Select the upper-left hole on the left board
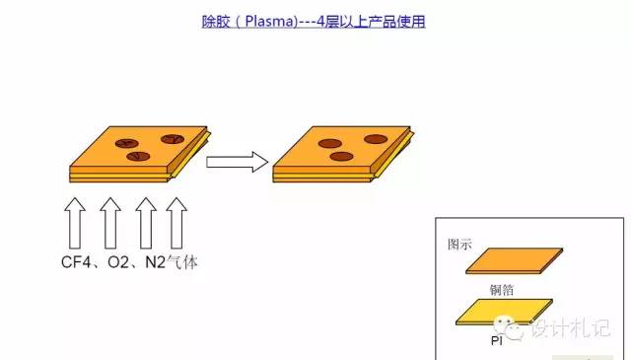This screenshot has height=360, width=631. tap(129, 143)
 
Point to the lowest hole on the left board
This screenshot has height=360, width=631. tap(137, 156)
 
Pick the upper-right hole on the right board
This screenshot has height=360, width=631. tap(375, 139)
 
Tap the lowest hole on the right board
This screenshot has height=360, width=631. tap(341, 157)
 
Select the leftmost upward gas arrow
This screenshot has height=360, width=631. tap(75, 222)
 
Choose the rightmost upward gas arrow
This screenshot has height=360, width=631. tap(176, 222)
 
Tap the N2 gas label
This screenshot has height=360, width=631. tap(157, 264)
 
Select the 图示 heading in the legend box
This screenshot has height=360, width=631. tap(460, 243)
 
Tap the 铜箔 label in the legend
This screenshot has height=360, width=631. tap(503, 290)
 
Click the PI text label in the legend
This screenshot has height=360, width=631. tap(498, 340)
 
